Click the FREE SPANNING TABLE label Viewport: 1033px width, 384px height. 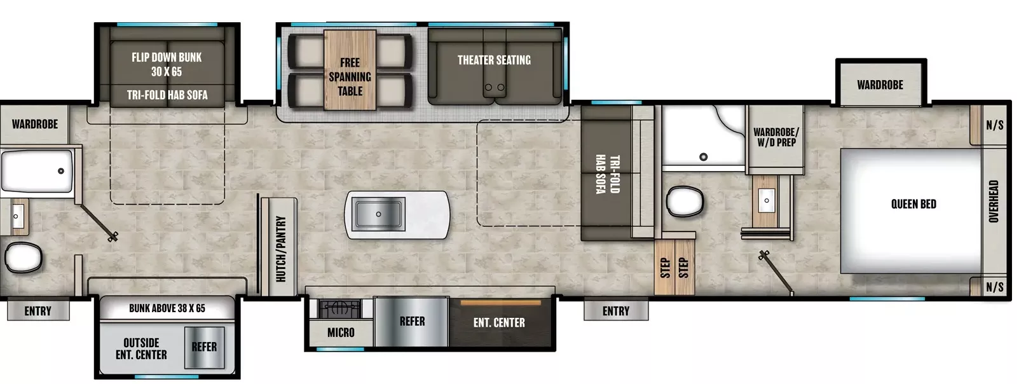tap(350, 76)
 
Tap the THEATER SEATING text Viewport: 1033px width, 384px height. tap(494, 60)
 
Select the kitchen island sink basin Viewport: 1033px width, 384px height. tap(378, 214)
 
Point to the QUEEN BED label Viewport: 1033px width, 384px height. tap(913, 204)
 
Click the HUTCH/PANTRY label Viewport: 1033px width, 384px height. tap(280, 249)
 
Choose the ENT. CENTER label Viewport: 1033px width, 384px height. tap(499, 323)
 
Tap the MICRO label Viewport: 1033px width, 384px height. tap(341, 333)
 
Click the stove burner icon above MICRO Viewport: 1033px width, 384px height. tap(339, 309)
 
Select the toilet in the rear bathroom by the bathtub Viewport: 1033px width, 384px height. tap(23, 258)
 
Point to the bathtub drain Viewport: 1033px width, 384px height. tap(61, 171)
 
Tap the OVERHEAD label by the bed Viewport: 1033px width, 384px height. tap(994, 202)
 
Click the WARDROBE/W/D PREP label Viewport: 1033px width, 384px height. tap(776, 137)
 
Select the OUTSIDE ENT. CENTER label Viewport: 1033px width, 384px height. tap(141, 348)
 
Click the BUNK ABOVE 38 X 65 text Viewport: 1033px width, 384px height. tap(167, 308)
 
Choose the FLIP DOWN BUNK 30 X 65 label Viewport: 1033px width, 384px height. tap(167, 64)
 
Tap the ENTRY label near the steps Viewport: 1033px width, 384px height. tap(615, 311)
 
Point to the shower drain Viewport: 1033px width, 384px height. tap(703, 157)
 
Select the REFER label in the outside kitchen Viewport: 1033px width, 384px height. tap(204, 347)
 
